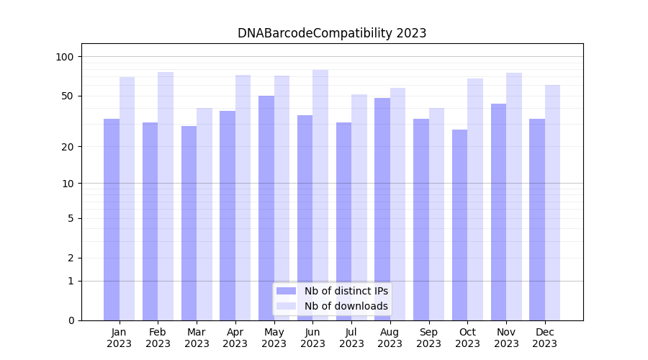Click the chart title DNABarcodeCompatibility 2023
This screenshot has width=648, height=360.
point(332,33)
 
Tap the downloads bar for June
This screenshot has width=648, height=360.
point(320,195)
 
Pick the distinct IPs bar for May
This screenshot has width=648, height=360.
point(266,208)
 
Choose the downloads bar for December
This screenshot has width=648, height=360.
point(552,202)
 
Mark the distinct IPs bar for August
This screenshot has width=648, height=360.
point(382,209)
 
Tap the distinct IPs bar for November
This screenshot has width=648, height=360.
point(498,212)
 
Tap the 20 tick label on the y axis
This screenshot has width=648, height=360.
point(68,147)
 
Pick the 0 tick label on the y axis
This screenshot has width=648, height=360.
point(71,320)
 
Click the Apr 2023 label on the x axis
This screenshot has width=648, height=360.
point(235,338)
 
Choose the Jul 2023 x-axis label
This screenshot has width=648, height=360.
point(351,338)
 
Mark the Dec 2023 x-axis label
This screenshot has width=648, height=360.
point(544,338)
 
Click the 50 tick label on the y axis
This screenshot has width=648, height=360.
point(68,96)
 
